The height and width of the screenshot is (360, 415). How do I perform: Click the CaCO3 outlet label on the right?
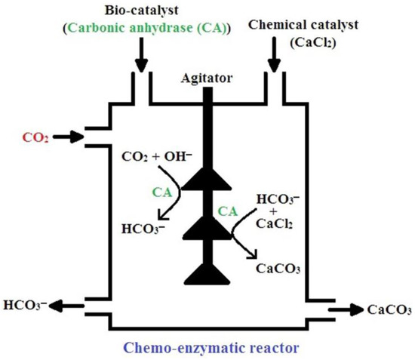pos(389,310)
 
